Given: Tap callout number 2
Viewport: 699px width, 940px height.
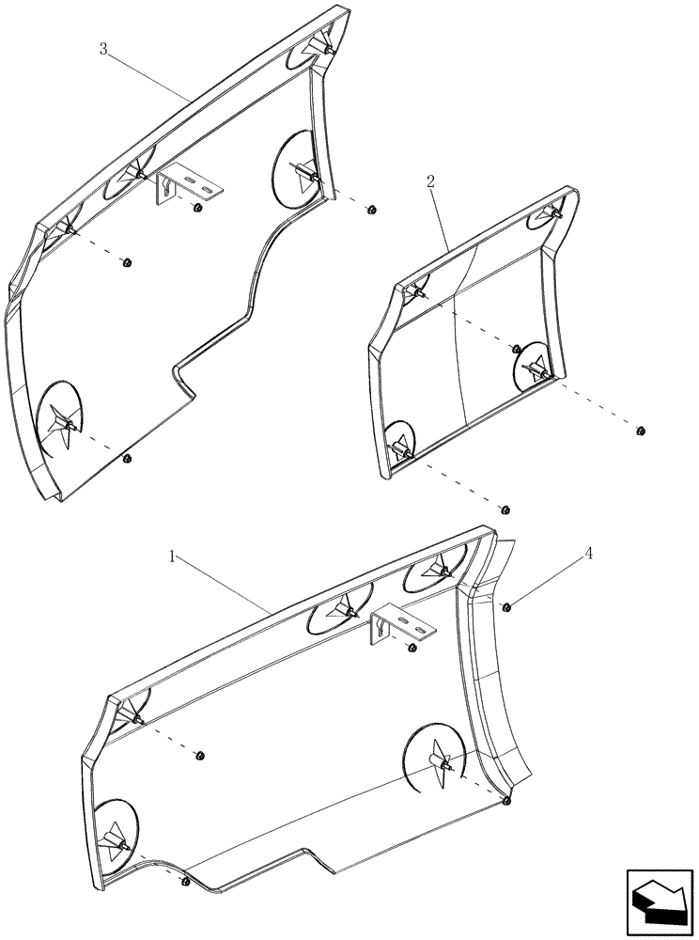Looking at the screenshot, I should click(x=430, y=182).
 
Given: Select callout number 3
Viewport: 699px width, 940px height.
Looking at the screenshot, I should click(x=102, y=50).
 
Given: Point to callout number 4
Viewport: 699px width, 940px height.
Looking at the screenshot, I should click(x=589, y=554).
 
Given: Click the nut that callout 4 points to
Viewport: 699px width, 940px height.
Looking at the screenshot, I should click(x=505, y=607).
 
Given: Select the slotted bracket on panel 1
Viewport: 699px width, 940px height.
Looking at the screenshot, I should click(x=402, y=624).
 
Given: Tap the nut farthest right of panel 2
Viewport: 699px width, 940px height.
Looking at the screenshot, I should click(x=640, y=431).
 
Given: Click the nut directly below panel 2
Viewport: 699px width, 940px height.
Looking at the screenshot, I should click(x=505, y=509).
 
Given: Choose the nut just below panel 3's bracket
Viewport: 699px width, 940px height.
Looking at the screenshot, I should click(x=196, y=208).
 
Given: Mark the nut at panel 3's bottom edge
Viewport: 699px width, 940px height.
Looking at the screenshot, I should click(x=127, y=459).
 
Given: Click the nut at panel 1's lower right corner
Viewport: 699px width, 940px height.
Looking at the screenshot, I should click(x=506, y=801).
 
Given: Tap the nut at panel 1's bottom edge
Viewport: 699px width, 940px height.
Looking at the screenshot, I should click(x=185, y=881).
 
